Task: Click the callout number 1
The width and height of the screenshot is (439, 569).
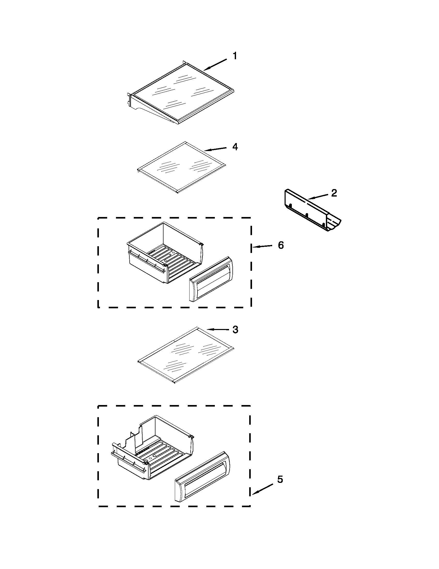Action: tap(234, 56)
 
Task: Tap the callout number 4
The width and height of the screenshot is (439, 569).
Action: tap(235, 147)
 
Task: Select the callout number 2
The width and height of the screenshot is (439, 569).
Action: tap(334, 193)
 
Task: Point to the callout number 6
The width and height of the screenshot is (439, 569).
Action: tap(281, 245)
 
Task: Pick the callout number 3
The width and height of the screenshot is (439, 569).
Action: tap(235, 330)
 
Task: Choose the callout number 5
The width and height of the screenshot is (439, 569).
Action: tap(280, 478)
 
